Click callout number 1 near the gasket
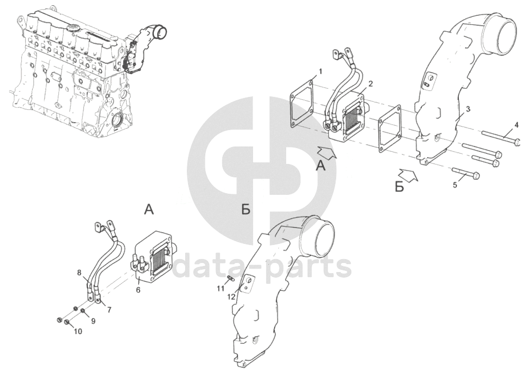pos(320,72)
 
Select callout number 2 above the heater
pos(370,84)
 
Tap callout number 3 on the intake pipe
pos(468,109)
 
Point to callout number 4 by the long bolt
pos(516,126)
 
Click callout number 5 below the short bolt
pos(455,185)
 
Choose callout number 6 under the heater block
pos(138,290)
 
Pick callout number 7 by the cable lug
pos(109,310)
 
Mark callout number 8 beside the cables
pos(79,272)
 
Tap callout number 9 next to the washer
pos(93,321)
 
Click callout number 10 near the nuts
pos(78,331)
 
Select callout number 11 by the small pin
pos(220,289)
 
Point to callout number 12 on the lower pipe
pos(231,297)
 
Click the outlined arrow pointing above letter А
pos(327,153)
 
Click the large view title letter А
pos(149,209)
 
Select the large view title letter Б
pos(246,209)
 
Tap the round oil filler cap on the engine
pos(73,27)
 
